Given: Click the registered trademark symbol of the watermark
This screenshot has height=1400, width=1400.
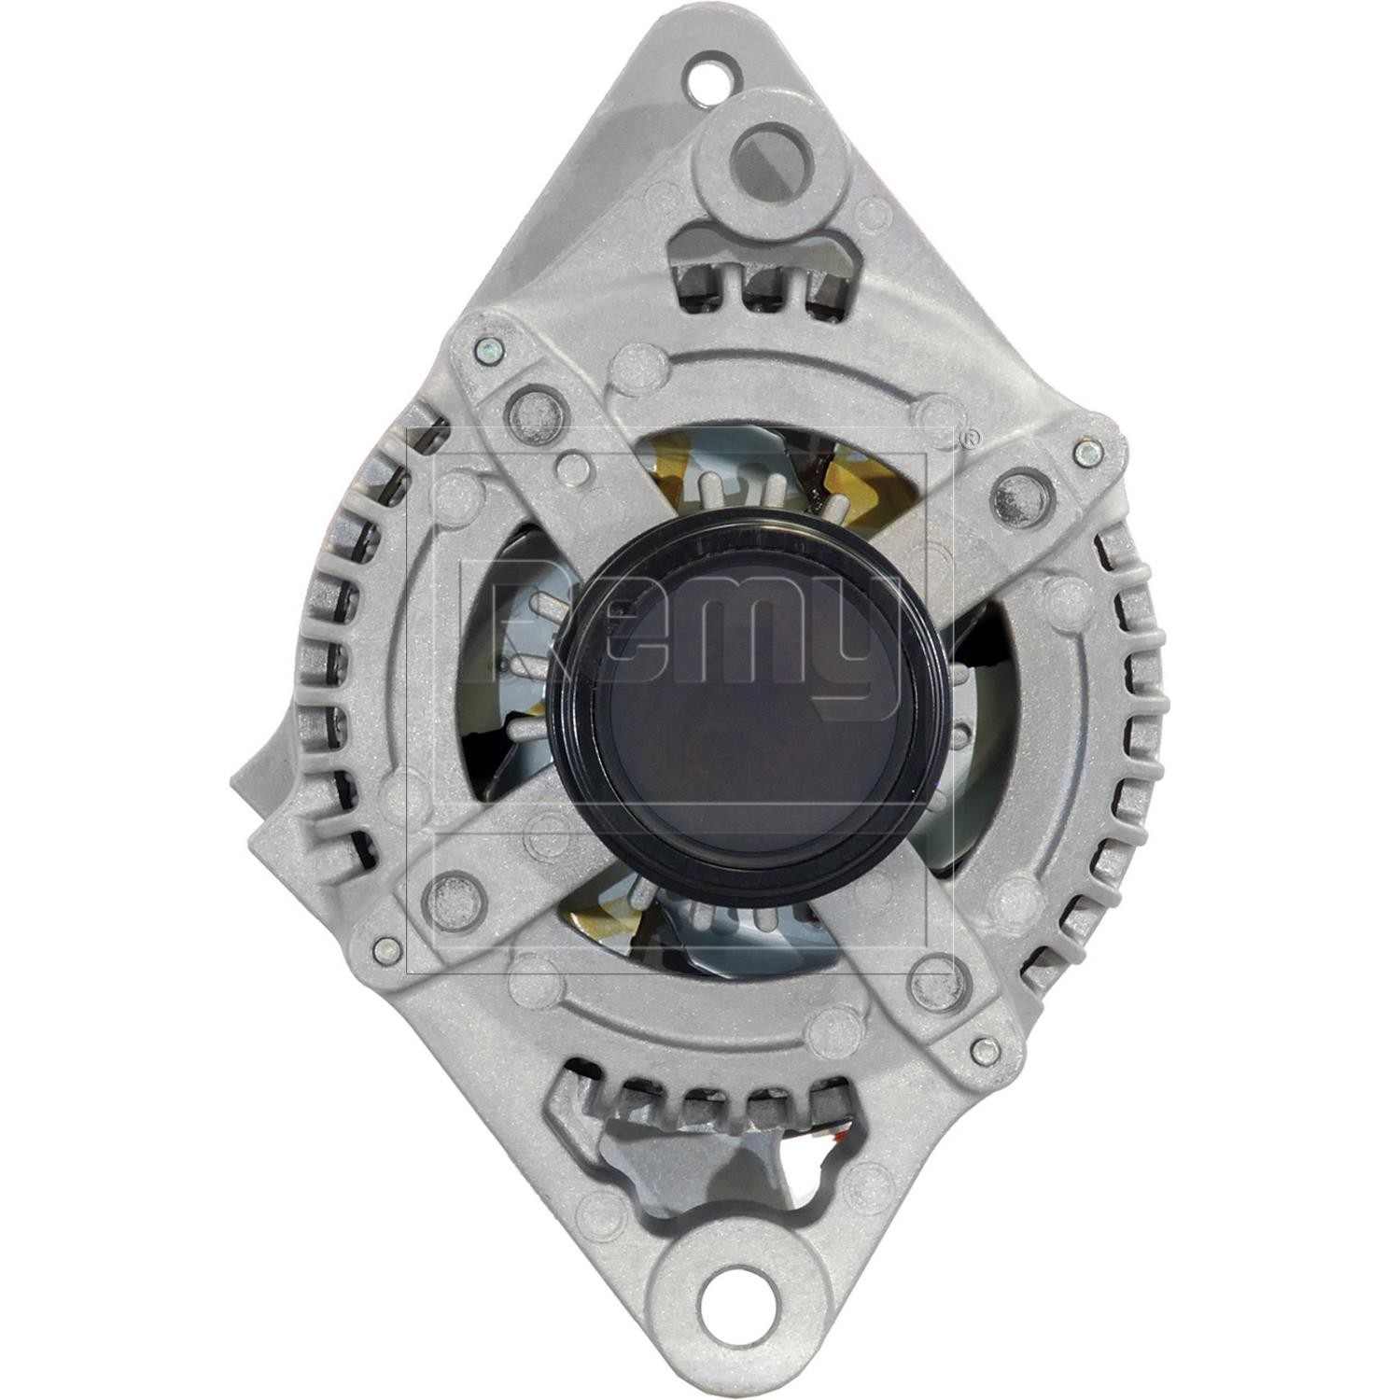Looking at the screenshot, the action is (x=971, y=436).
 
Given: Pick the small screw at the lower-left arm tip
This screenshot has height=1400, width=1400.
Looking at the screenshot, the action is (x=380, y=949).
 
